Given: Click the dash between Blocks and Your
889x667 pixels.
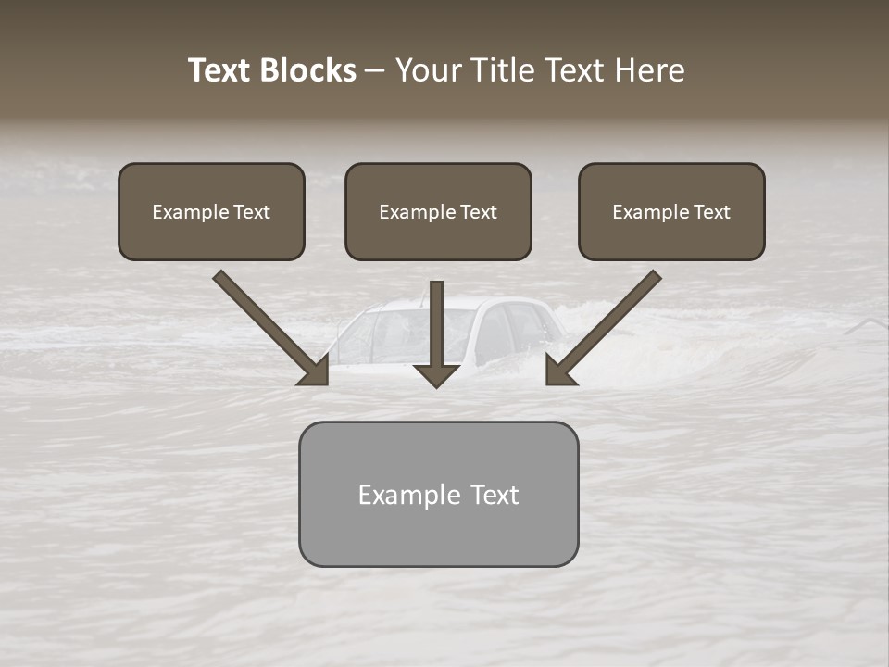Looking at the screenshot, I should (x=375, y=71).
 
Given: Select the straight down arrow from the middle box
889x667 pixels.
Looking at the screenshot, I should (x=437, y=333).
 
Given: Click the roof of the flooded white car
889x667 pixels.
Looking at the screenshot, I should (x=463, y=303).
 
